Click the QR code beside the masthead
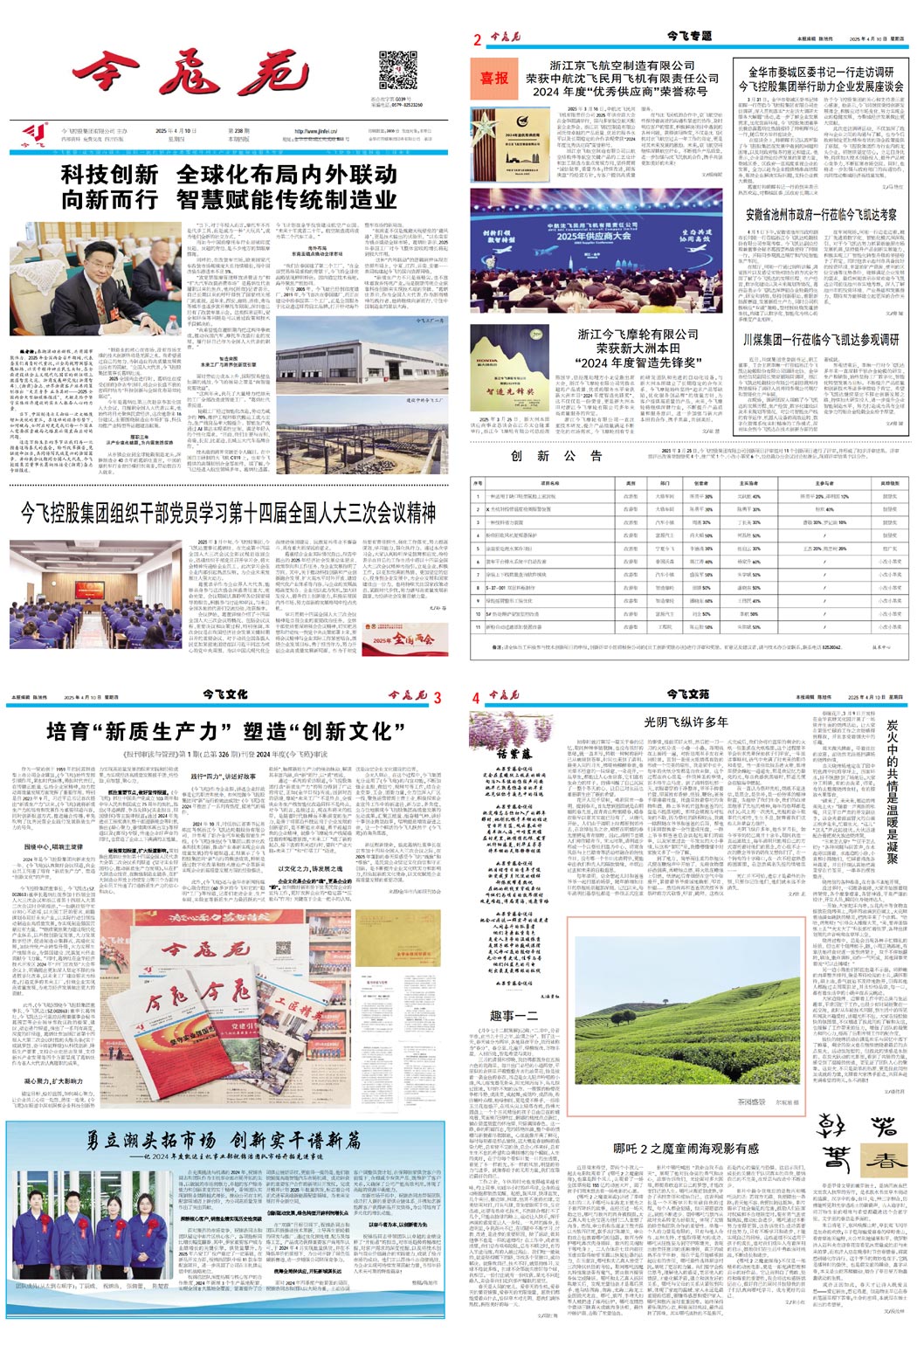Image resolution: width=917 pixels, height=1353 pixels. (x=398, y=71)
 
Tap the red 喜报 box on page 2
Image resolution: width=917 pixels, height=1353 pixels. (x=494, y=78)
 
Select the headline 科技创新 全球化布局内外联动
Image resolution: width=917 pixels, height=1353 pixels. (x=229, y=186)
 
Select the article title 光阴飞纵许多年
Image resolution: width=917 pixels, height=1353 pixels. (x=686, y=721)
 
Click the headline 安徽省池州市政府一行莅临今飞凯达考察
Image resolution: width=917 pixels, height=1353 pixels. (x=821, y=215)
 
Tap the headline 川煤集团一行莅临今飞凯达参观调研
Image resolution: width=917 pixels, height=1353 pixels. (x=821, y=340)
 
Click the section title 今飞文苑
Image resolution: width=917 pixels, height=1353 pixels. (x=688, y=694)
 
